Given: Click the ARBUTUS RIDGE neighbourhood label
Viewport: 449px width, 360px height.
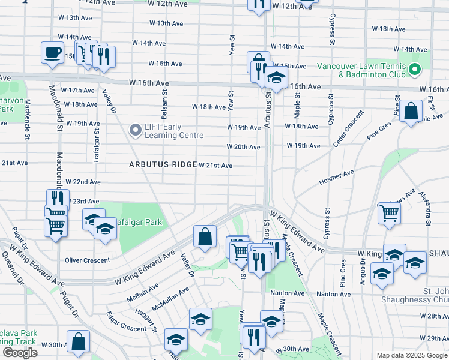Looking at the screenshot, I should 163,164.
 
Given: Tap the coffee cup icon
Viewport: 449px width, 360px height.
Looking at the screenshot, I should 52,52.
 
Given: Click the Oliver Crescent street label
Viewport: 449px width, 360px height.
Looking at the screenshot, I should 88,260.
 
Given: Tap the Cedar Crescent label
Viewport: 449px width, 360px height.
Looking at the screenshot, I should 348,127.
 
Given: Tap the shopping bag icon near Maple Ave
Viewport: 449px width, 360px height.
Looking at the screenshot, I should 412,112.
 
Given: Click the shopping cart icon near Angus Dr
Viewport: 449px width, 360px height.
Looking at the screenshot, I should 389,212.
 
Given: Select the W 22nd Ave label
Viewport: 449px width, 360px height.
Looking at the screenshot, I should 83,182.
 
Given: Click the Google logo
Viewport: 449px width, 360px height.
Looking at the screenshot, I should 20,353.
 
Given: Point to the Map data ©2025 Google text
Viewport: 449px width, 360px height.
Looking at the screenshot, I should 411,355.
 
